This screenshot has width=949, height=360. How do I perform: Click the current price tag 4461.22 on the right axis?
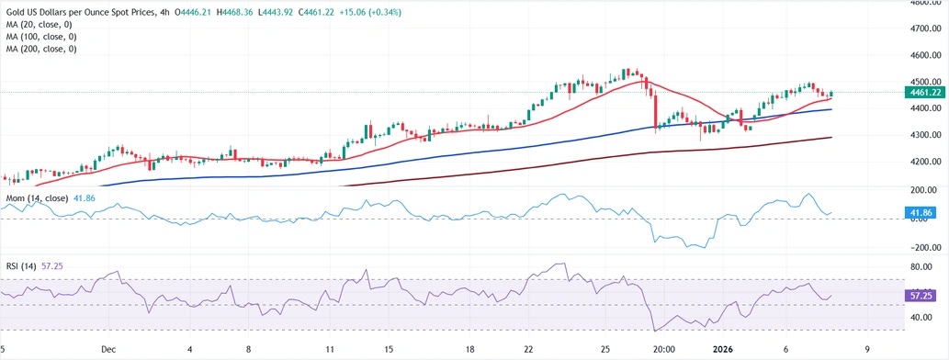921,93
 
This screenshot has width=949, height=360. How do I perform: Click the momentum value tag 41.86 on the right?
921,213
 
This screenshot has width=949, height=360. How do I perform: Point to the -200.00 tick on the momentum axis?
921,248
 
